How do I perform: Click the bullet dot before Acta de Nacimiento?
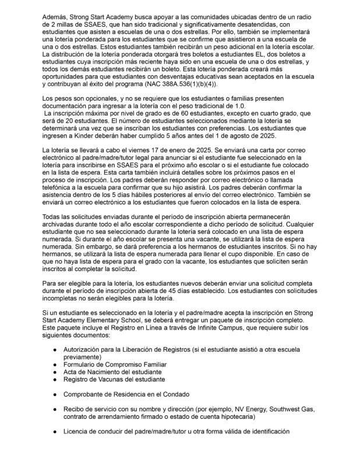point(54,372)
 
